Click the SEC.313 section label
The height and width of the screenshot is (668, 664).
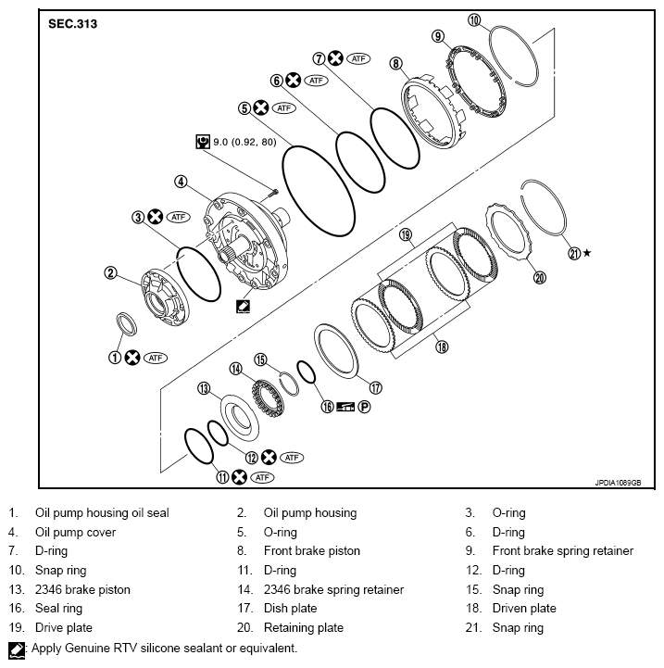coord(72,23)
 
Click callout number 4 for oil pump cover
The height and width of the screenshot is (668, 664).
coord(182,182)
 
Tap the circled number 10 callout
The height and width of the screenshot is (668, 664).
coord(474,19)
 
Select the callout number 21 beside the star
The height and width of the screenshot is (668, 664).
coord(574,253)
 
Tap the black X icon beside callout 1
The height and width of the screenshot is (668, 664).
coord(132,357)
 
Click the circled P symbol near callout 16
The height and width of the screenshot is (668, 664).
coord(364,407)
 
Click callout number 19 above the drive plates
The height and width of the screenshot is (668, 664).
coord(405,235)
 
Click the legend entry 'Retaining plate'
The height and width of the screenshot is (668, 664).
coord(305,628)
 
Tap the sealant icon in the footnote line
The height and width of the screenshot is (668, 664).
coord(16,649)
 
